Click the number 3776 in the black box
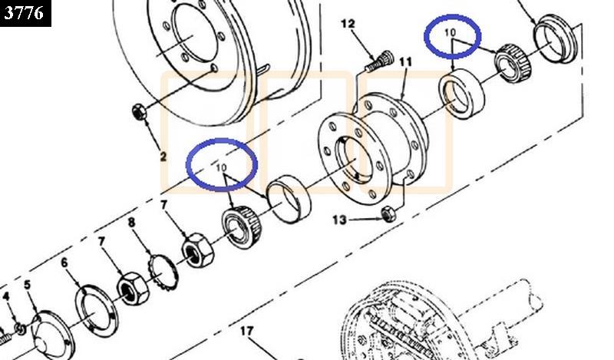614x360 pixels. pos(24,12)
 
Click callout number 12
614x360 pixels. pos(348,24)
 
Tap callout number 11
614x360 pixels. pos(406,62)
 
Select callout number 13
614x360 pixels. pos(339,220)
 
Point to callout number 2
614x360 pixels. pos(163,157)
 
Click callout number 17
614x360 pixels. pos(246,332)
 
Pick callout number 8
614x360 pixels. pos(131,223)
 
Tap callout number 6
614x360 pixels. pos(64,263)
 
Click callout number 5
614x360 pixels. pos(27,285)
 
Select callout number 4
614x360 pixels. pos(6,296)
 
